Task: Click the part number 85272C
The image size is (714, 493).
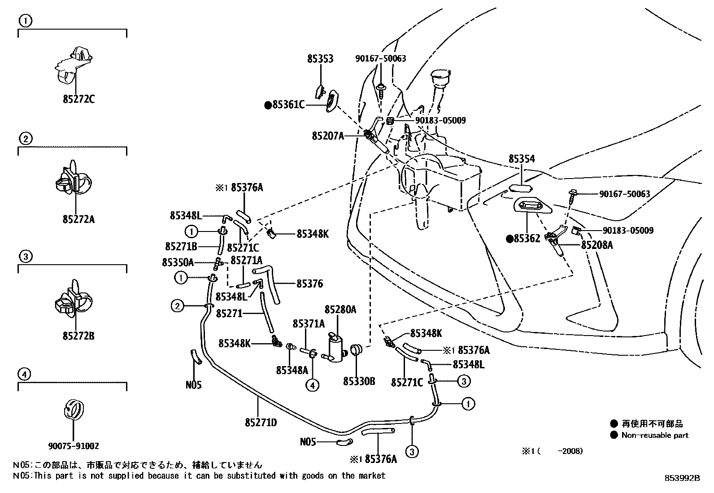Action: tap(78, 99)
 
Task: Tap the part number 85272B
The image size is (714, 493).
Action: tap(78, 336)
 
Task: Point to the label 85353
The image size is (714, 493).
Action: tap(320, 59)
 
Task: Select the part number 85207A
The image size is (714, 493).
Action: tap(328, 135)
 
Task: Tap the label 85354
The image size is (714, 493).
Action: tap(522, 159)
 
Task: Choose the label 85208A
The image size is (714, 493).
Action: tap(597, 245)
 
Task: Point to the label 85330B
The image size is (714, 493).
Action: tap(359, 382)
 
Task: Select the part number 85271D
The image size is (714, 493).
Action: tap(261, 422)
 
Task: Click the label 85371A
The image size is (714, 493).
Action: tap(309, 323)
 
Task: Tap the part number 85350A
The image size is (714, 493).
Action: tap(178, 262)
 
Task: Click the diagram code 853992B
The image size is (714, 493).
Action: tap(682, 478)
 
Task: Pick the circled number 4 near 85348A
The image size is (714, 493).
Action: tap(313, 384)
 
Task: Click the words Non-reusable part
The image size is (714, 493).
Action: tap(654, 435)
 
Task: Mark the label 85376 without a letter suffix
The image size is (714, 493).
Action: tap(309, 284)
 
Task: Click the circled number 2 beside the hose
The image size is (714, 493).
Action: tap(177, 306)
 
